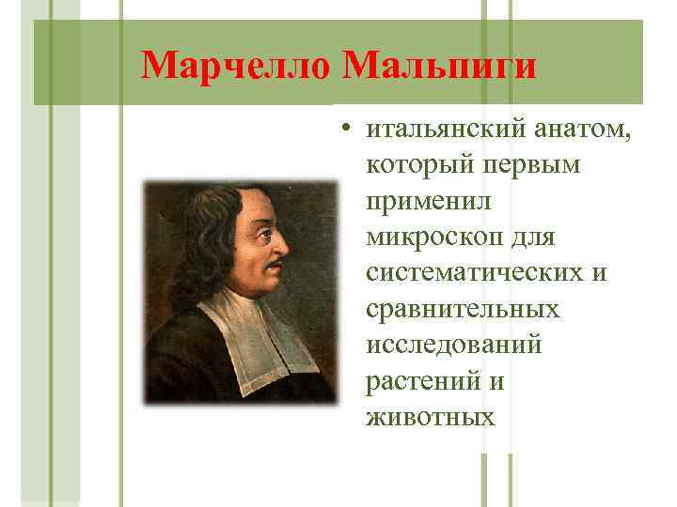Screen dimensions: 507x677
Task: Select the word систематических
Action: tap(476, 271)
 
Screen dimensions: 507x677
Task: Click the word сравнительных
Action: tap(464, 307)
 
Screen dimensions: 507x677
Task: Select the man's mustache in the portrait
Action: tap(273, 268)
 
